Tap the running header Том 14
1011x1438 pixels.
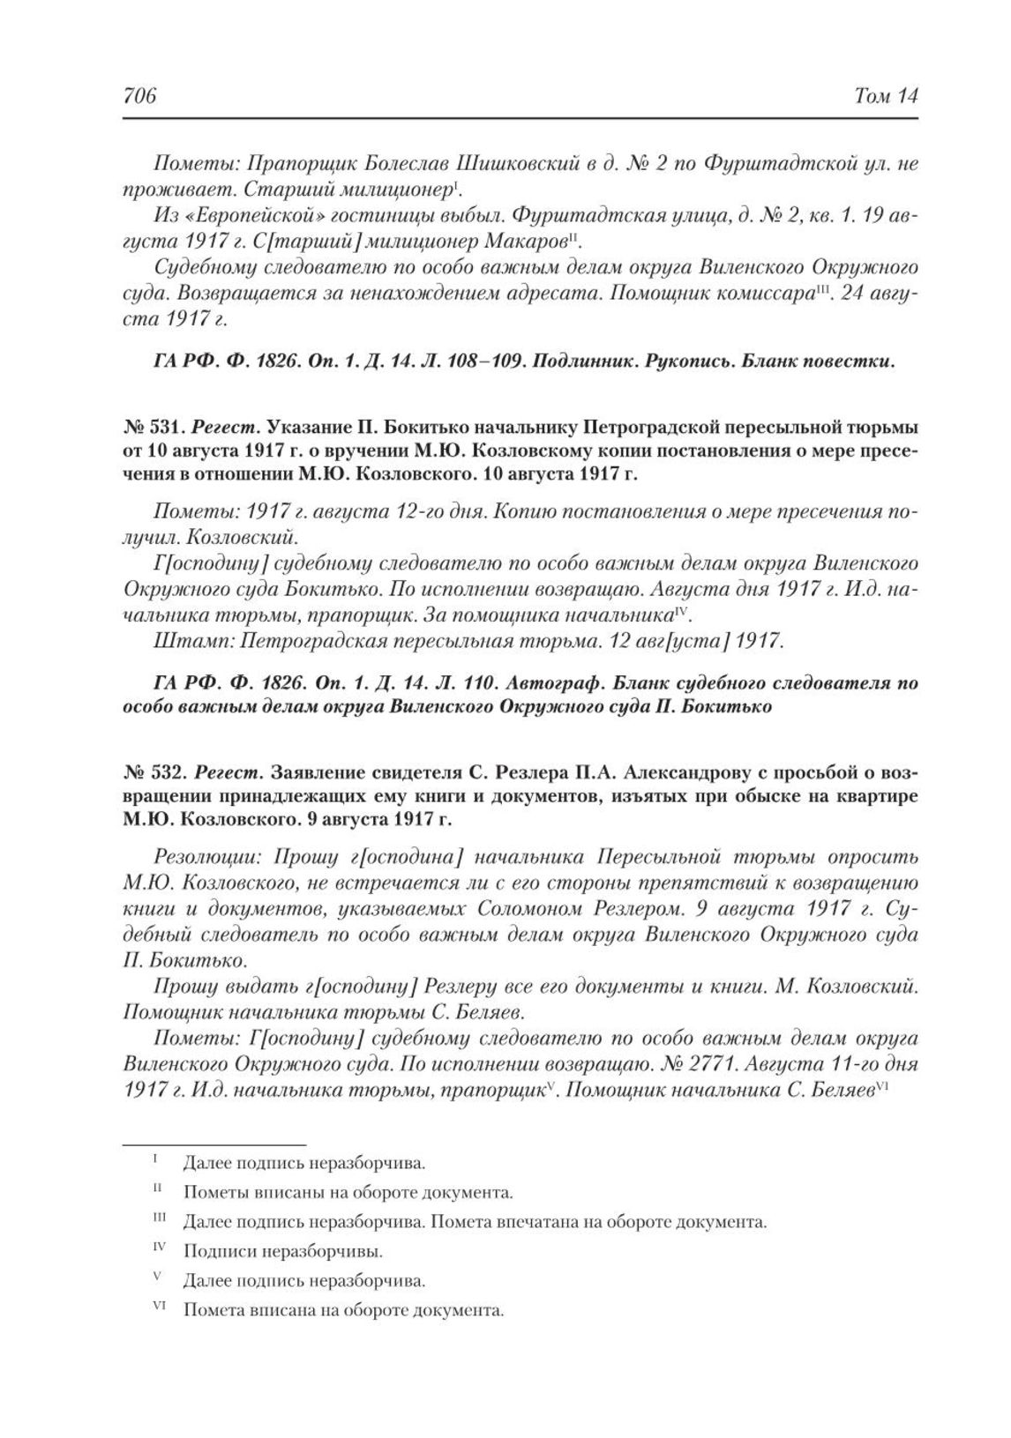point(886,95)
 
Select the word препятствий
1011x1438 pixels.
point(653,883)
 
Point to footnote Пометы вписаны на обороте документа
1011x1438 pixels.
point(348,1193)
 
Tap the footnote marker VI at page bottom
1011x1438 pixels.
point(160,1308)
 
